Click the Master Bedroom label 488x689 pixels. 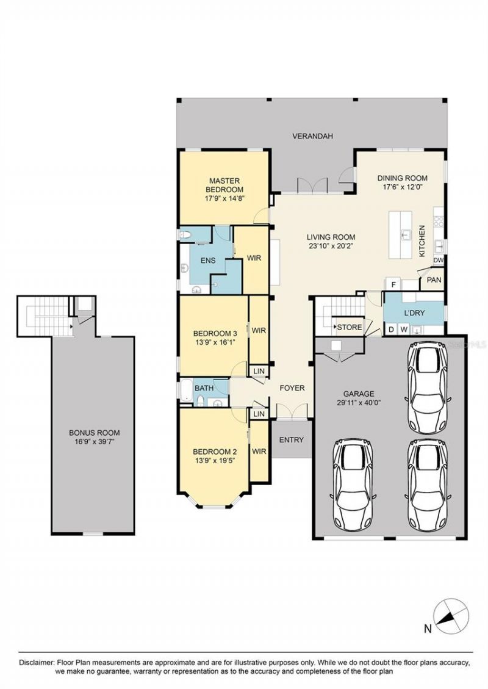point(224,185)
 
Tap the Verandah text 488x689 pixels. point(312,136)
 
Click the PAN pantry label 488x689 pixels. point(434,280)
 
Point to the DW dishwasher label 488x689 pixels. point(437,261)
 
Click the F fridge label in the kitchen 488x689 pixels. point(394,284)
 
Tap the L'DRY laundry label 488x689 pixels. point(414,313)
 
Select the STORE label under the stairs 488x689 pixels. point(350,328)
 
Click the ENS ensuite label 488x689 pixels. point(207,261)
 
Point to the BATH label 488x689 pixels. point(203,388)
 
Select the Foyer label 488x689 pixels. point(292,388)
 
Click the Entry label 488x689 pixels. point(291,440)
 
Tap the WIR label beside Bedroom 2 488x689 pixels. point(259,452)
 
